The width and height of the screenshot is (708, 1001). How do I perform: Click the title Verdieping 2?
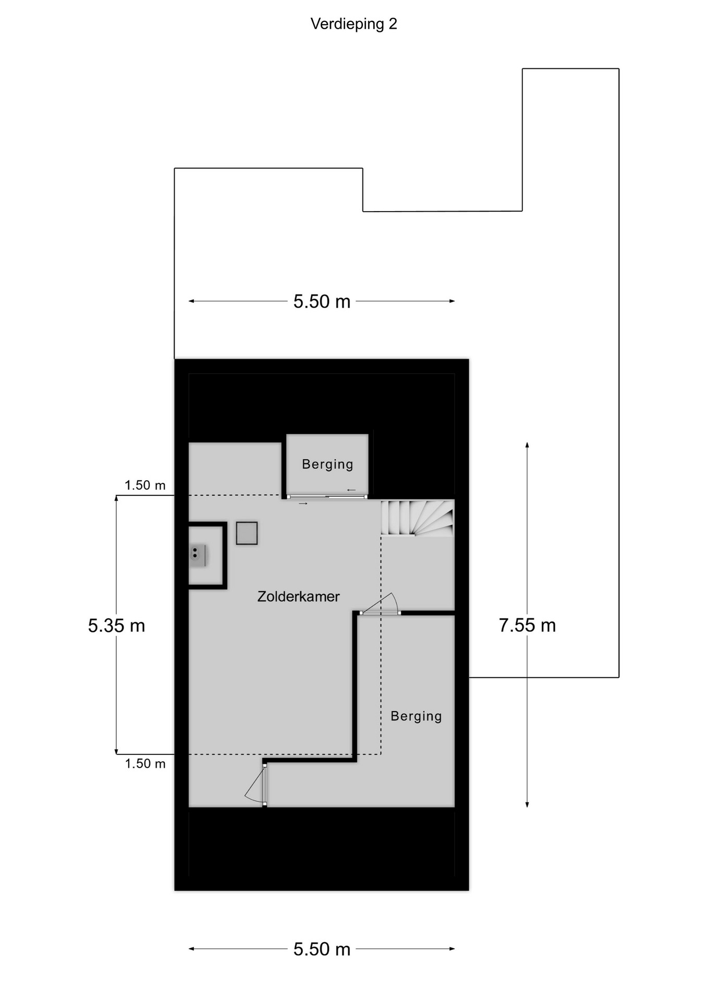[x=353, y=24]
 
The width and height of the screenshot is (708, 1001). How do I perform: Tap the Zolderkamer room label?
[x=298, y=596]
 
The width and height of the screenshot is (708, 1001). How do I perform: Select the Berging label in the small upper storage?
[x=327, y=464]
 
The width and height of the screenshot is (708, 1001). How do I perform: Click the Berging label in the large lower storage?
[x=416, y=716]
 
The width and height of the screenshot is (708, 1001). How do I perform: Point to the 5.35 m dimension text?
[x=116, y=626]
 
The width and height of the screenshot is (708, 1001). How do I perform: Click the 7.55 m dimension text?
[x=527, y=625]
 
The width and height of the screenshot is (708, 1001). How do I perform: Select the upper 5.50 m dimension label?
[x=322, y=301]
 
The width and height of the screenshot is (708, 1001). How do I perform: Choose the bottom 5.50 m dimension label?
[x=322, y=949]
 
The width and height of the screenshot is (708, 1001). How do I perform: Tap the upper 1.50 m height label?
[x=145, y=485]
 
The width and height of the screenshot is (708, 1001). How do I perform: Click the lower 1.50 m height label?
[x=145, y=764]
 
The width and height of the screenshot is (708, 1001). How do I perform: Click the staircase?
[x=417, y=518]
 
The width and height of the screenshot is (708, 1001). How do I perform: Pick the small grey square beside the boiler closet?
[x=247, y=533]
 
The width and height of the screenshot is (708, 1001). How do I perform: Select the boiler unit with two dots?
[x=197, y=556]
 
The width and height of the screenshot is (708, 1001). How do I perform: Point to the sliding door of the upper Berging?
[x=327, y=497]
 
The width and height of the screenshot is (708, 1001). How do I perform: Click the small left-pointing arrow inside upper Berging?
[x=351, y=490]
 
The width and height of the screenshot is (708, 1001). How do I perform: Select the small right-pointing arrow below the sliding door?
[x=303, y=504]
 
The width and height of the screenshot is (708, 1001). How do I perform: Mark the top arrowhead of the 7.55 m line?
[x=527, y=445]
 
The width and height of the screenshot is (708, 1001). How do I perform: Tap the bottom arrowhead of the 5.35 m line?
[x=116, y=751]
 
